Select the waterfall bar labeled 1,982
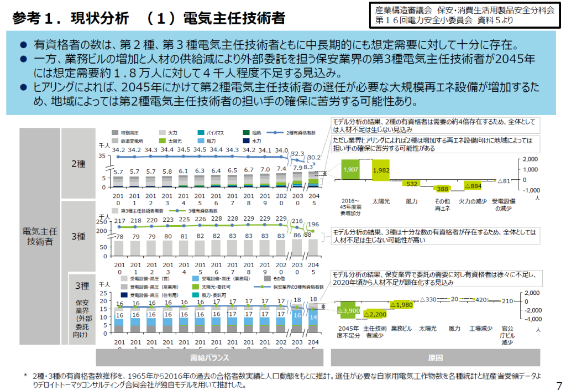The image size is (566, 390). pos(381,170)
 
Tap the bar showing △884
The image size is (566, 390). pos(473,185)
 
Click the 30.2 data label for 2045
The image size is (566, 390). pos(314,158)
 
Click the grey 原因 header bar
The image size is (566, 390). pos(436,357)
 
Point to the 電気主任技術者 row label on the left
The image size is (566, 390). pos(39,236)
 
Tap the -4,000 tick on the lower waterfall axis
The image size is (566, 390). pos(531,319)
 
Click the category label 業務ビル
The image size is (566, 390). pos(402,329)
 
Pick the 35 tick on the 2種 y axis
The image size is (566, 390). pos(102,157)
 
